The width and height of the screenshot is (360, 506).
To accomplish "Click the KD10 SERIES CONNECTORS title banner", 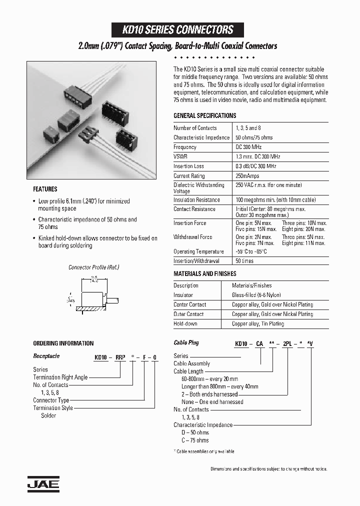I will point(178,29).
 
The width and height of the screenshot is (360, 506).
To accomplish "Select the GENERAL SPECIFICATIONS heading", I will point(204,115).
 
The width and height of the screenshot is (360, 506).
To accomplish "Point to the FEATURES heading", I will point(45,189).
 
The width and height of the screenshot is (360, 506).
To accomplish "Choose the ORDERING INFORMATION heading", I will point(63,343).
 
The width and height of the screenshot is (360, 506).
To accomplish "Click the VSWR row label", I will point(181,156).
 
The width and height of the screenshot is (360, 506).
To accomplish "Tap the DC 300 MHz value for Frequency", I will point(251,147).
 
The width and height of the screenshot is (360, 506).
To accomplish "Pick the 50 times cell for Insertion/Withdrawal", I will point(244,261).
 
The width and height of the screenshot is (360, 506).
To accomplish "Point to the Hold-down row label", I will point(185,323).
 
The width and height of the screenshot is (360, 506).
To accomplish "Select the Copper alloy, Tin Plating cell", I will point(257,323).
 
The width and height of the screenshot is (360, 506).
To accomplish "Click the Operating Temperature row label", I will point(198,251).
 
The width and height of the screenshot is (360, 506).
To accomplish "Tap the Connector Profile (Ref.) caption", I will point(94,267).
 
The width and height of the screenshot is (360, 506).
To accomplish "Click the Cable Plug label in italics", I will point(186,343).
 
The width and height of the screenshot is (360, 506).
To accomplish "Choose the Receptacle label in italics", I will point(46,356).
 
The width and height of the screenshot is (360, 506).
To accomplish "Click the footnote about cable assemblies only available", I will point(204,451).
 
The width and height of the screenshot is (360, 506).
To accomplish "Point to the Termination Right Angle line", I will point(60,377).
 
